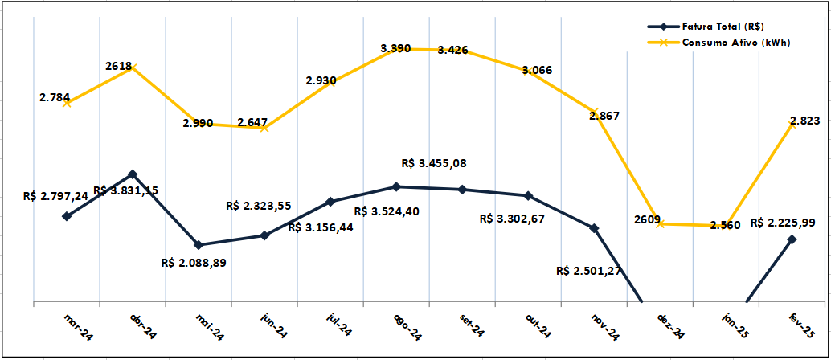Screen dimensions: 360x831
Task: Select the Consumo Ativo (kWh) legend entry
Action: (735, 43)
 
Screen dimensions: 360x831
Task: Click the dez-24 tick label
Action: (669, 326)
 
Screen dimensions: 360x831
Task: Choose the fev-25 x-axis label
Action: (802, 326)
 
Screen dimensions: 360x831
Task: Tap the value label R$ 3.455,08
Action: (434, 163)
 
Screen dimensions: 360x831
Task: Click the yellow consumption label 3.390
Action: (395, 48)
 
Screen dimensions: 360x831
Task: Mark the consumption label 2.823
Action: (804, 121)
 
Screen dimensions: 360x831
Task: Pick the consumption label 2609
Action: (647, 219)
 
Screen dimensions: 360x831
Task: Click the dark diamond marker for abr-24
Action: (133, 174)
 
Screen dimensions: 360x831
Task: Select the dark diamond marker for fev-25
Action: (792, 239)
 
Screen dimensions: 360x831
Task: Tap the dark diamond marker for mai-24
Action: (199, 244)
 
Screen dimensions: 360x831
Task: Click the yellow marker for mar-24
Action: (67, 103)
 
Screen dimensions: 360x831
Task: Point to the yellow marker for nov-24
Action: (595, 111)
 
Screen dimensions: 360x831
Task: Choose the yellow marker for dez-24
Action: (660, 223)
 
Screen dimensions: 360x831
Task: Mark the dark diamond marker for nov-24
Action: (595, 228)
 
